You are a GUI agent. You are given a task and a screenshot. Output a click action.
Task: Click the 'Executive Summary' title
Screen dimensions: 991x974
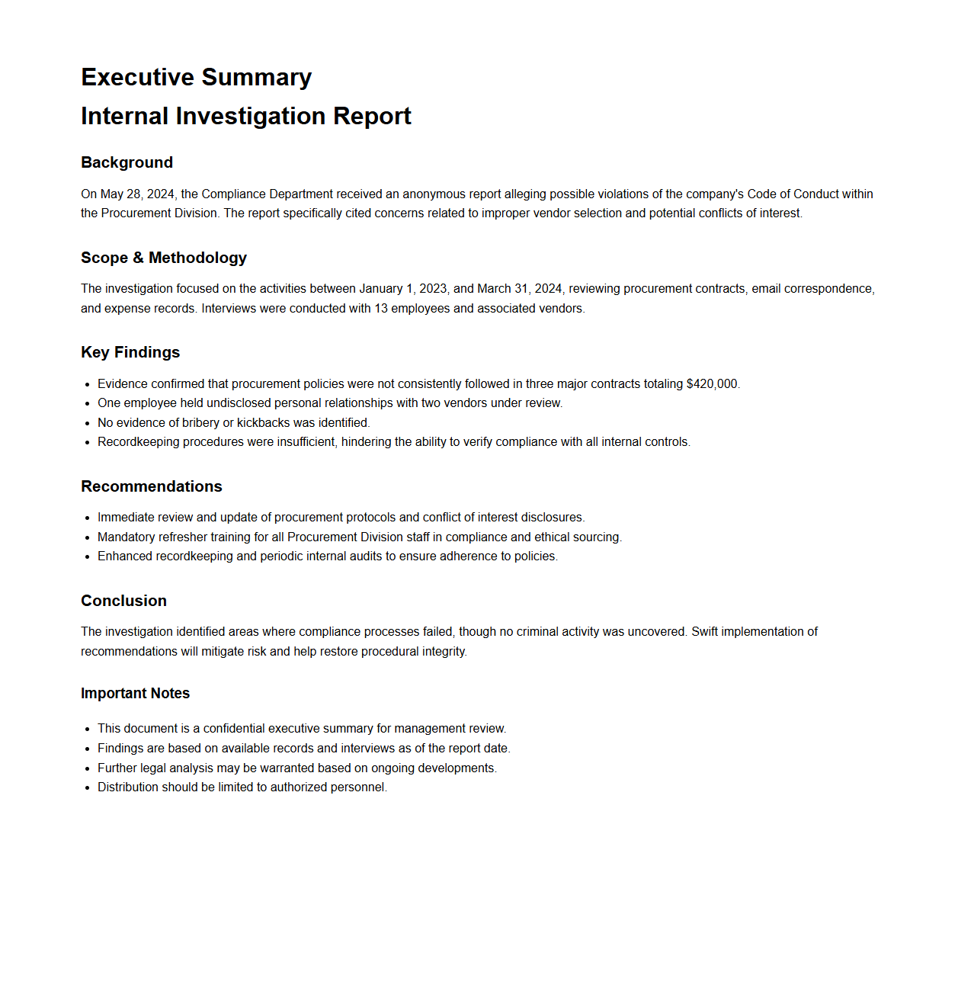(x=196, y=77)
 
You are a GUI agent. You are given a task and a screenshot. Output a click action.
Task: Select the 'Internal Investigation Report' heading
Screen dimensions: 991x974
(x=245, y=116)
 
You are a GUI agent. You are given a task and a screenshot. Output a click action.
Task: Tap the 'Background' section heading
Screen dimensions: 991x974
(x=127, y=162)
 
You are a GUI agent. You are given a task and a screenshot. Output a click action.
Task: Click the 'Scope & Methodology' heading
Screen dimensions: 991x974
(x=163, y=258)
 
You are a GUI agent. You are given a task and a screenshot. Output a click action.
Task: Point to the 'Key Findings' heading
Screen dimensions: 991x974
(x=130, y=352)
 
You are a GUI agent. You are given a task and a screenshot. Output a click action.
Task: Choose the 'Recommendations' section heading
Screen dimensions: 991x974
(x=151, y=486)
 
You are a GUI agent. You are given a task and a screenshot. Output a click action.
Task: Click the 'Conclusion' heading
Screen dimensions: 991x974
(x=123, y=601)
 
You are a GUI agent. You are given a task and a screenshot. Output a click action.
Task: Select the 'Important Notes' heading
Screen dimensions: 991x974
(x=135, y=693)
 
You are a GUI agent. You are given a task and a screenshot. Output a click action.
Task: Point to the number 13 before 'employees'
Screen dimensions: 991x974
(x=380, y=309)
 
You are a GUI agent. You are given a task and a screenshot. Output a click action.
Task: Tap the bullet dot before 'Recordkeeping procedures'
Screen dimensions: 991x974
(x=89, y=442)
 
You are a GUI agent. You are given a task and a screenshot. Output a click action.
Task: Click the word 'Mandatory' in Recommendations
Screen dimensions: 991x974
(x=125, y=537)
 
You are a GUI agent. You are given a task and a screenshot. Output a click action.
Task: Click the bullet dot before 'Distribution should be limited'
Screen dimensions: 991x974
(x=89, y=787)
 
